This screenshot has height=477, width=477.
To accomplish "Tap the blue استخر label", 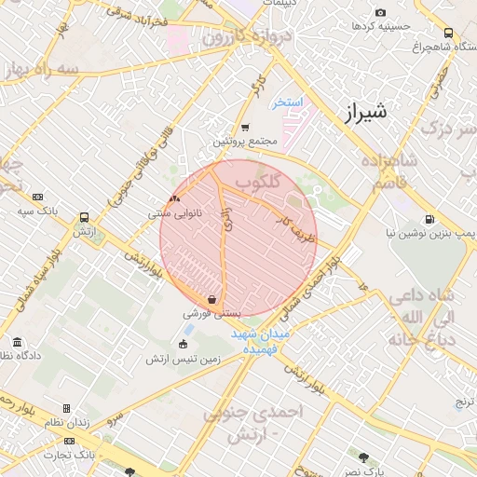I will coord(287,102).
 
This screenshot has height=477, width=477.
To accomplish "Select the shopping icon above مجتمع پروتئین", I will coord(245,127).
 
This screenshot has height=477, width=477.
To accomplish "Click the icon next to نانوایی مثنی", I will coord(175,199).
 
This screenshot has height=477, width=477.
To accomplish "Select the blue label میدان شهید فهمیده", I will coord(262,341).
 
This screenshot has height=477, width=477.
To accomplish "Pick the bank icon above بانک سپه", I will coord(37,197).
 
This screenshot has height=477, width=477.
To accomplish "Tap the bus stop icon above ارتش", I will coord(85,215).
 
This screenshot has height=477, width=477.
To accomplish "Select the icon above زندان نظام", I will coord(66,409).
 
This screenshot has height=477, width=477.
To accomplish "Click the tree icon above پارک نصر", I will coord(363,457).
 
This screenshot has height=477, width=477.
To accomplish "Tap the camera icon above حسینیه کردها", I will coord(380,12).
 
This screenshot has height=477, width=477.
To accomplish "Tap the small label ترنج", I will coord(463,402).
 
